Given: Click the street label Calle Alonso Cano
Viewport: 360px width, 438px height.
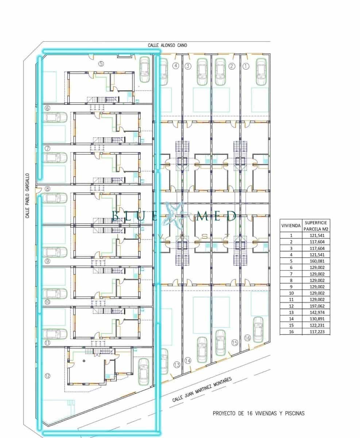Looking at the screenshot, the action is (x=167, y=45).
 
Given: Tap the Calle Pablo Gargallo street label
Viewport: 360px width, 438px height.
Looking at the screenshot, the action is (x=27, y=196).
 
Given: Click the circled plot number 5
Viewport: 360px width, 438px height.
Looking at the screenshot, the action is (x=101, y=64).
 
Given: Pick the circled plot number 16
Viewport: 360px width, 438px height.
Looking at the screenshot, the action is (x=247, y=338).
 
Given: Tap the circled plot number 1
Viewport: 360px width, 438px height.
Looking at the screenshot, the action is (x=246, y=66).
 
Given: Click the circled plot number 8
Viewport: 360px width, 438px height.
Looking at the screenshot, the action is (x=47, y=189).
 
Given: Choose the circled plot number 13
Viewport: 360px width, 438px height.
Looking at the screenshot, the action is (x=177, y=365).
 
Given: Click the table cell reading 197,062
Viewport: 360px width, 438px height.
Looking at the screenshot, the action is (x=317, y=306).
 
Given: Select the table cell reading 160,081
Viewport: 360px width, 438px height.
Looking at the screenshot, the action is (x=317, y=261).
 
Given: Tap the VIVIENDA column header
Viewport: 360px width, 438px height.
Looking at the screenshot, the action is (x=291, y=226).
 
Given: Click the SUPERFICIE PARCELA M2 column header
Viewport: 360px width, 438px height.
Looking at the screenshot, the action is (x=316, y=226).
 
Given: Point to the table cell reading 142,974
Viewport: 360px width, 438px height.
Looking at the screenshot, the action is (x=317, y=312).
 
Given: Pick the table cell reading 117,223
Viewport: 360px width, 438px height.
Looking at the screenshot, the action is (x=317, y=332).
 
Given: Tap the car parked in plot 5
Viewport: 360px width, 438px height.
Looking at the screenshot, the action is (x=144, y=70).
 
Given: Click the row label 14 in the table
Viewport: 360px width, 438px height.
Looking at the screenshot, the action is (x=291, y=319).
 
